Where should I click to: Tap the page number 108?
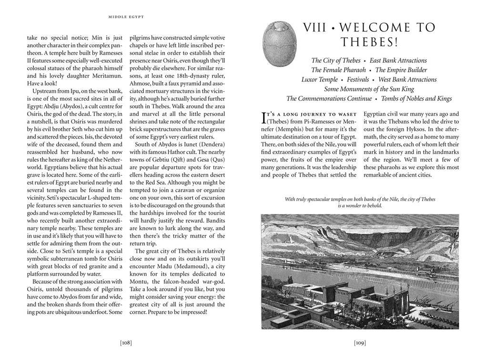click(126, 342)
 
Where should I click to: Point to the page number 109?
click(360, 342)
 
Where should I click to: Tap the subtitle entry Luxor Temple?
click(319, 80)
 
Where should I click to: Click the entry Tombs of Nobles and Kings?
click(415, 99)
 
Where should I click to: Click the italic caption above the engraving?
click(360, 202)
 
